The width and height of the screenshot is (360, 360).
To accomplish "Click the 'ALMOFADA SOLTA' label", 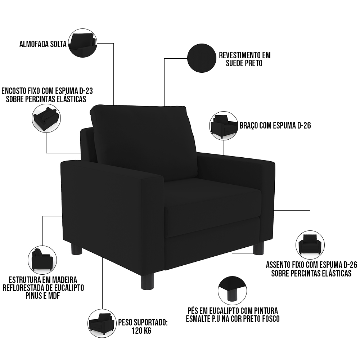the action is click(x=43, y=44).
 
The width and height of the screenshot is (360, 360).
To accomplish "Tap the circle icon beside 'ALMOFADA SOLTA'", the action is click(x=83, y=43).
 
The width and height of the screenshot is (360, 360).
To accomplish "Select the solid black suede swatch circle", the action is click(x=202, y=58).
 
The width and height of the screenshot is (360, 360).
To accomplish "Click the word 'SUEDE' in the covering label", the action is click(x=235, y=63).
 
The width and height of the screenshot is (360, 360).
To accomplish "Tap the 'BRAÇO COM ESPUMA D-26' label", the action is click(x=275, y=126).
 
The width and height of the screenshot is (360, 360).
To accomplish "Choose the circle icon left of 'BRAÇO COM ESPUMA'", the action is click(x=224, y=126).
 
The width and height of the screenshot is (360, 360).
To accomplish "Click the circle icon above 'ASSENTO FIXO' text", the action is click(x=310, y=245).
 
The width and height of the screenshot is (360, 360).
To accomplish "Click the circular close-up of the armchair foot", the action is click(x=232, y=291).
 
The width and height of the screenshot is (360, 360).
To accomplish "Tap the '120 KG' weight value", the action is click(x=141, y=331).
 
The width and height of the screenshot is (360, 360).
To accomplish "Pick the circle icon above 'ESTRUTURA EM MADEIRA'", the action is click(x=42, y=260).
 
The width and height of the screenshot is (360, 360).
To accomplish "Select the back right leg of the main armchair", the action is click(x=258, y=249).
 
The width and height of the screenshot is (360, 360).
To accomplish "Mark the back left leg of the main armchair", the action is click(x=76, y=249).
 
